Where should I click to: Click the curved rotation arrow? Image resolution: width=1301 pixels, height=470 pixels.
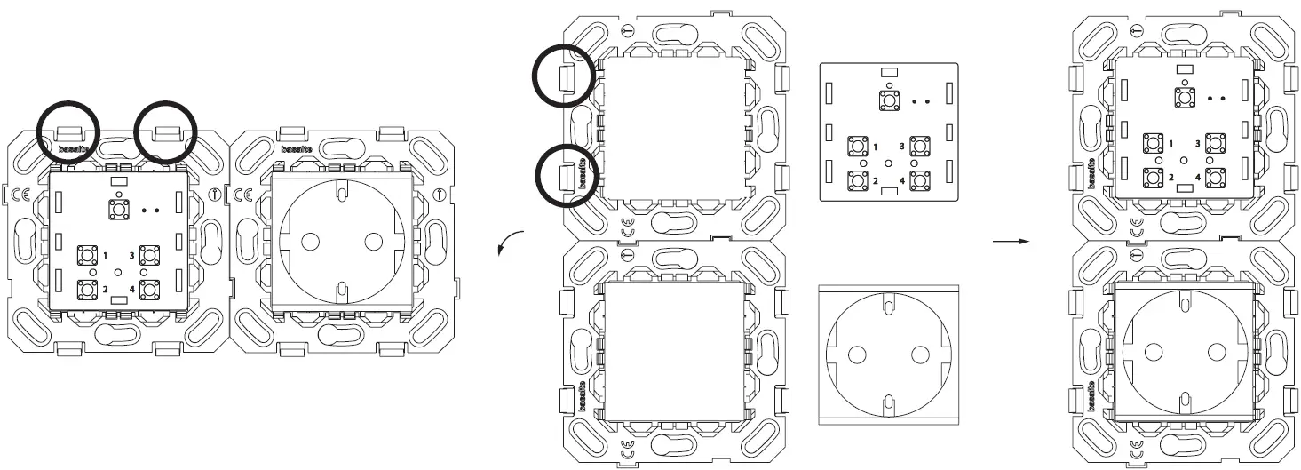point(509,243)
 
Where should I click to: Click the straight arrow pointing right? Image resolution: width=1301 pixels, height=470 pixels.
point(1004,240)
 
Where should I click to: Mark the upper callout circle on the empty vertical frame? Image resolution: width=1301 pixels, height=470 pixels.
point(566,76)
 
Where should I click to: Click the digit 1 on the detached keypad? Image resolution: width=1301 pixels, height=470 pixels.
point(875,146)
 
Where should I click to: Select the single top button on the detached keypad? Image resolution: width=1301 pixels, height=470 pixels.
point(888,100)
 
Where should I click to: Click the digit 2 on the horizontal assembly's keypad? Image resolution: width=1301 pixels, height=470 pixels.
point(105,289)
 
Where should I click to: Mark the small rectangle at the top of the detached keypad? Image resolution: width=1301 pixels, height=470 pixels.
point(888,72)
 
